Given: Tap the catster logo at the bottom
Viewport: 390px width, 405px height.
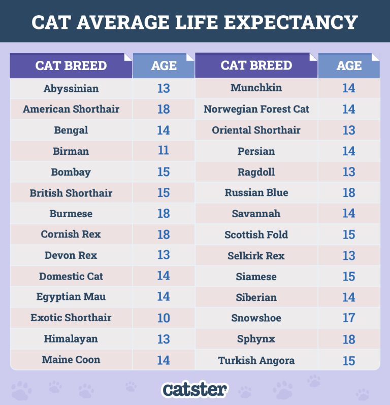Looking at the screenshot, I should [x=194, y=389].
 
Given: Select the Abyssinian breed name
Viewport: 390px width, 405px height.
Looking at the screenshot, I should [x=71, y=88].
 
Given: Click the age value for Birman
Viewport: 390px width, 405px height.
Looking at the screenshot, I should [x=163, y=151].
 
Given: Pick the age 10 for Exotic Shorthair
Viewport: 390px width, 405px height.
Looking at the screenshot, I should [x=163, y=318].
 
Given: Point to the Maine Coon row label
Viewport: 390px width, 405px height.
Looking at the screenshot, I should [x=71, y=360].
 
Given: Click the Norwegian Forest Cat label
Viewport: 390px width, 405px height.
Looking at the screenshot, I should [x=256, y=109].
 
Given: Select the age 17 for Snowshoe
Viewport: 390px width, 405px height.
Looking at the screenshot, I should [x=348, y=318].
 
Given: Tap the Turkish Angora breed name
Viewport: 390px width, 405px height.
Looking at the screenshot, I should [x=256, y=361].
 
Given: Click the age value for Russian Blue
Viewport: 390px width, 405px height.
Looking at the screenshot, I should [x=348, y=193].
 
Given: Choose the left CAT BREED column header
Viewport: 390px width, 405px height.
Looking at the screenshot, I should [x=71, y=66].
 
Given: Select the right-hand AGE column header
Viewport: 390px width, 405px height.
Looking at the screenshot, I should [x=349, y=66].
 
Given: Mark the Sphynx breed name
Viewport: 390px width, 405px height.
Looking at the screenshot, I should [x=256, y=339].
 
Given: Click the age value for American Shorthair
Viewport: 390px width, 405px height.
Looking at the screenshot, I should [x=163, y=109].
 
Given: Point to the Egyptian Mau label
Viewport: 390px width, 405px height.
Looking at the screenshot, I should [x=71, y=297].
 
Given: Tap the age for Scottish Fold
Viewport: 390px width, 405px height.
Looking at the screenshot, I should [x=348, y=234].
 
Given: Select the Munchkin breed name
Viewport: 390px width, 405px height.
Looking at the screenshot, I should [x=256, y=88].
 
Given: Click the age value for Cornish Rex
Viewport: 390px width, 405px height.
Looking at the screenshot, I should [x=163, y=234].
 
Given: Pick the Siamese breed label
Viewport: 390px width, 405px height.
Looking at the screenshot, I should [x=256, y=277].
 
